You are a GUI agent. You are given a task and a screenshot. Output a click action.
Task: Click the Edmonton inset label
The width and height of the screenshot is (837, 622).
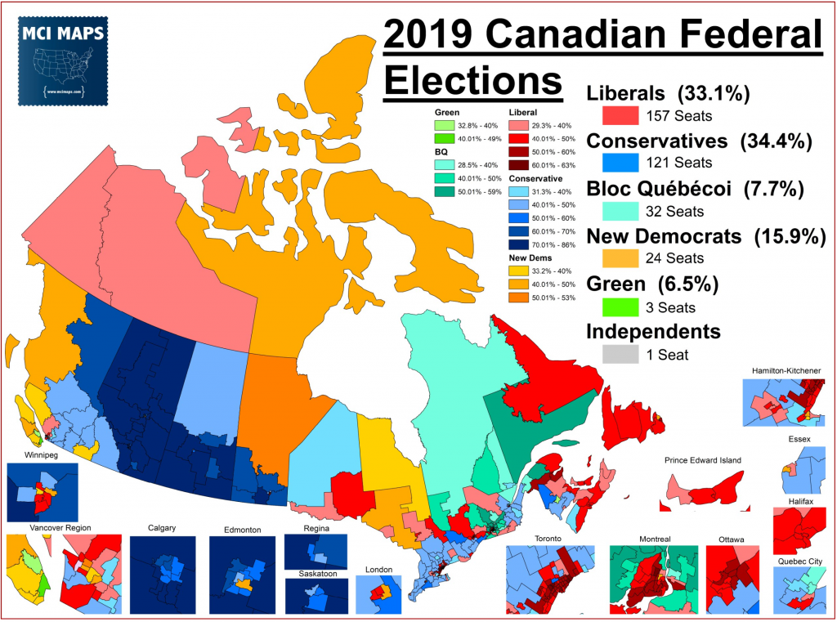tap(242, 530)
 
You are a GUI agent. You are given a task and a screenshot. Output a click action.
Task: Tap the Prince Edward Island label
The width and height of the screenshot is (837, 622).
tap(702, 460)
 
